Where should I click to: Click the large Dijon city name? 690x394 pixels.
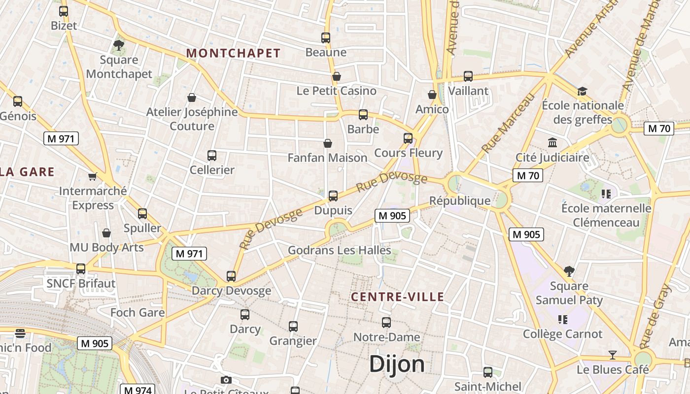[x=397, y=364]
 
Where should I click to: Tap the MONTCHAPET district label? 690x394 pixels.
[x=233, y=53]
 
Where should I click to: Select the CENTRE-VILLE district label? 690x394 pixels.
[x=397, y=297]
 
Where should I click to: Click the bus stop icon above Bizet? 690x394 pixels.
[x=64, y=11]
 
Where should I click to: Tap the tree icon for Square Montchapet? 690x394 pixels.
[x=119, y=46]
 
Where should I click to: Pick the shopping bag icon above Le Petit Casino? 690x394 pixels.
[x=337, y=76]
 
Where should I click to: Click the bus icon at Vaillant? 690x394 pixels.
[x=468, y=76]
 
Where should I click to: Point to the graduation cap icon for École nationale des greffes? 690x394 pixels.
[x=582, y=91]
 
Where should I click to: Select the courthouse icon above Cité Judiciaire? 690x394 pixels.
[x=552, y=143]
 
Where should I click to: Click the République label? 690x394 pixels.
[x=460, y=200]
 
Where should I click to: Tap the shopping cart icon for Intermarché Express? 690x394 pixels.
[x=92, y=176]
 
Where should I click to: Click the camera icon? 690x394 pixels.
[x=226, y=380]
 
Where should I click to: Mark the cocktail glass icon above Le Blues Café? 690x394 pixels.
[x=613, y=355]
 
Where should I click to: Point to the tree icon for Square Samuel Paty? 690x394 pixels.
[x=569, y=271]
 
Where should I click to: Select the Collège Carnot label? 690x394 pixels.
[x=562, y=334]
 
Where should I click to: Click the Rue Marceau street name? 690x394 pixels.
[x=508, y=123]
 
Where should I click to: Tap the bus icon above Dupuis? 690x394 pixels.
[x=333, y=196]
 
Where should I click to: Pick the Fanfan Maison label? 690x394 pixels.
[x=327, y=158]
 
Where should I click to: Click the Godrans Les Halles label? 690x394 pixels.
[x=339, y=250]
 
